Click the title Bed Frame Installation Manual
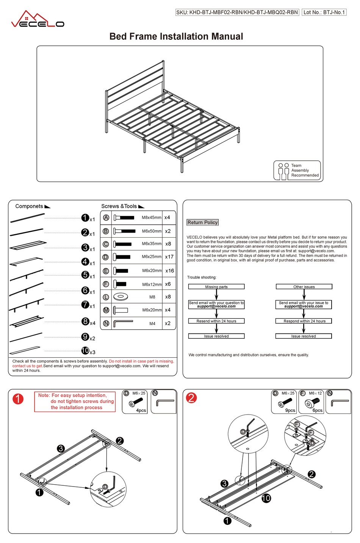click(x=176, y=36)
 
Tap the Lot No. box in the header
click(x=324, y=12)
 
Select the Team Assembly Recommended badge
click(x=297, y=171)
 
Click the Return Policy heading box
click(x=203, y=222)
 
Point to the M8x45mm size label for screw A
click(x=151, y=218)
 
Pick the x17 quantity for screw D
click(x=169, y=257)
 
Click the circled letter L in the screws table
click(x=106, y=297)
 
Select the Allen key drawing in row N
click(x=123, y=323)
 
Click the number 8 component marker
click(x=85, y=321)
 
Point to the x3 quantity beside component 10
click(x=92, y=352)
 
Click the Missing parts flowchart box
click(x=216, y=287)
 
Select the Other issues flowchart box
click(x=304, y=287)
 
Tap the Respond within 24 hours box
click(x=304, y=321)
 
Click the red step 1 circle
click(x=18, y=399)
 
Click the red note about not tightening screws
click(x=75, y=401)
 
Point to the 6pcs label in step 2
click(x=318, y=410)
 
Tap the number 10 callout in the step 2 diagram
click(x=266, y=498)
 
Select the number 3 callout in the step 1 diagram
click(x=61, y=449)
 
